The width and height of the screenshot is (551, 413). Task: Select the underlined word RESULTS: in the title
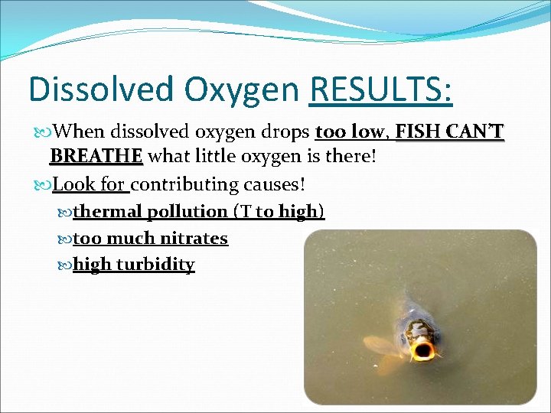(x=381, y=89)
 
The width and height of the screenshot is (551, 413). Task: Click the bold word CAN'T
(x=474, y=133)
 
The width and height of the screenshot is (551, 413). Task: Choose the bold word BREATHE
(x=96, y=157)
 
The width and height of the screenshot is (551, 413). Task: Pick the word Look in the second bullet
(x=73, y=184)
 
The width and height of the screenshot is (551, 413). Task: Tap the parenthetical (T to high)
(x=279, y=212)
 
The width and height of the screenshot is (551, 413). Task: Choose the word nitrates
(x=194, y=239)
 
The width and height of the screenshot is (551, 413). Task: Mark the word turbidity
(x=155, y=265)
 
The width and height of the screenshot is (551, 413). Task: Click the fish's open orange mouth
(x=423, y=350)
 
